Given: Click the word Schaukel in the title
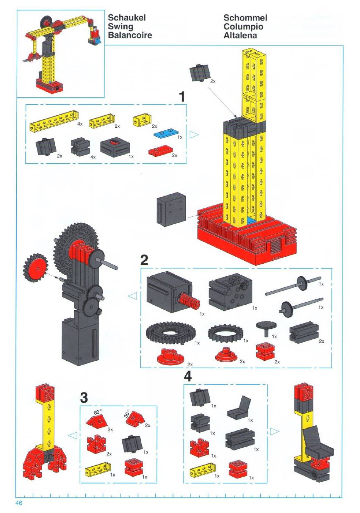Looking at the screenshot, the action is click(x=127, y=18).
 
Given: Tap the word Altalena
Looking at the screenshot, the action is click(x=240, y=36).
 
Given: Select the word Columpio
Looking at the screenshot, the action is click(x=243, y=27).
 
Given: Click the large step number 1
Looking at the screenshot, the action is click(x=182, y=97).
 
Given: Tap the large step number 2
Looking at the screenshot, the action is click(x=144, y=260).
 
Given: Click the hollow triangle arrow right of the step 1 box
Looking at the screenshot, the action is click(x=194, y=135).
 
